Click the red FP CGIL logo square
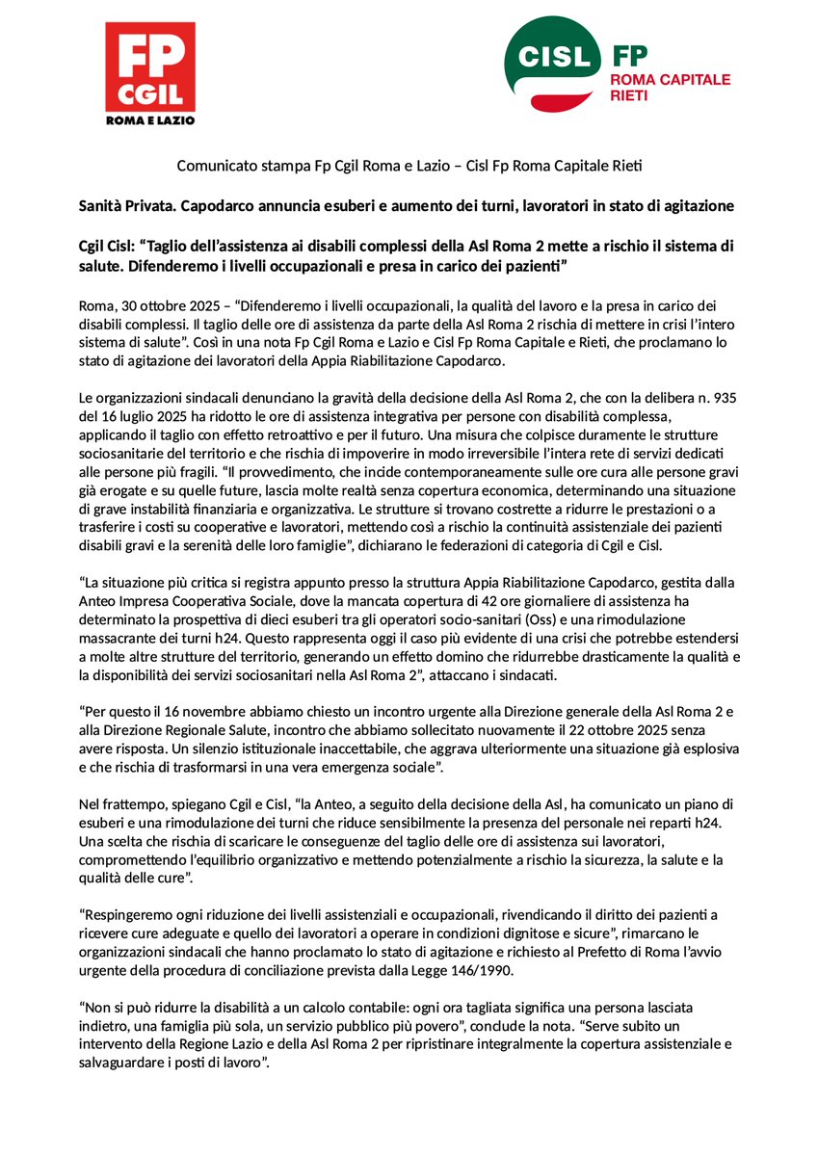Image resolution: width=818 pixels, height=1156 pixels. tap(149, 66)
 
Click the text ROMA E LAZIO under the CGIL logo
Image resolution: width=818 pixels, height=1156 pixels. tap(149, 120)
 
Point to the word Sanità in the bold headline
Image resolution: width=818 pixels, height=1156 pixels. tap(101, 205)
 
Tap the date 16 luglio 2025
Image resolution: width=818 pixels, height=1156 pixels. tap(138, 415)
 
